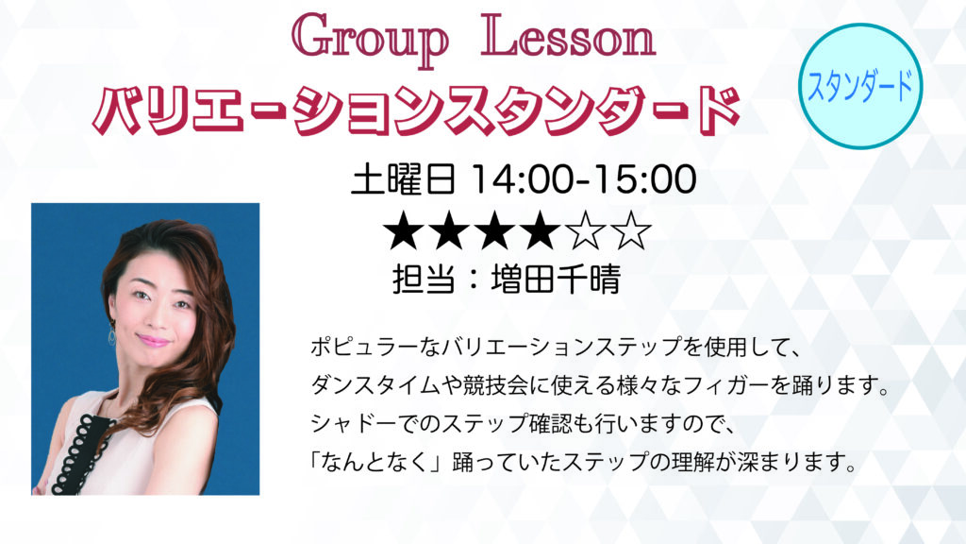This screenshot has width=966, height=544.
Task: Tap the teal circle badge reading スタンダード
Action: (x=860, y=86)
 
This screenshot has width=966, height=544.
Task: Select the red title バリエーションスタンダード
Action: (x=416, y=110)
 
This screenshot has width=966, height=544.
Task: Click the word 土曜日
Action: (x=404, y=179)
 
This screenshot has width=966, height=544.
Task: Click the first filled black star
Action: (x=404, y=230)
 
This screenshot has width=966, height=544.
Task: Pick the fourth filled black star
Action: (x=541, y=230)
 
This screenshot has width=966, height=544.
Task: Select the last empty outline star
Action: (x=630, y=230)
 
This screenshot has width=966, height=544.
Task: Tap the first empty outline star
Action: (x=585, y=230)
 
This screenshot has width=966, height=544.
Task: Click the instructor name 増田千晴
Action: (x=556, y=280)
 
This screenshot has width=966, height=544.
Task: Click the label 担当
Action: (x=424, y=280)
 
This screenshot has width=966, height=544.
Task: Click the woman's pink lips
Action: (x=153, y=340)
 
